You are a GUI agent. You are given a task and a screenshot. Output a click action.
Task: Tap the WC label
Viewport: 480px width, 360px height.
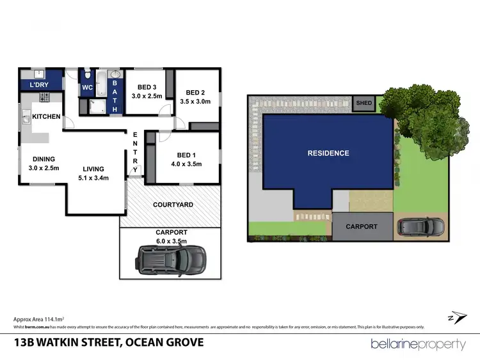pos(88,88)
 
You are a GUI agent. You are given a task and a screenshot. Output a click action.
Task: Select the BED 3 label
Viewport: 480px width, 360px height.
pos(147,87)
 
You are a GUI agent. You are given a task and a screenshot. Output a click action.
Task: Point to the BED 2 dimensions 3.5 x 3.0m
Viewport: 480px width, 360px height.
pos(195,101)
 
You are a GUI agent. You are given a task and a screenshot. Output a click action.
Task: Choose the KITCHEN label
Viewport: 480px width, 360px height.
pos(46,116)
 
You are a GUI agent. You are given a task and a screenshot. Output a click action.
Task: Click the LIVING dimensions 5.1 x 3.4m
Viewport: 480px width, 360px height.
pos(93,178)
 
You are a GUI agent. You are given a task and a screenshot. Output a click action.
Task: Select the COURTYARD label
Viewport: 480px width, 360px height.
pos(173,205)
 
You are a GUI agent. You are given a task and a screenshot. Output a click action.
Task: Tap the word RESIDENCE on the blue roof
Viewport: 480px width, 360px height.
pos(328,153)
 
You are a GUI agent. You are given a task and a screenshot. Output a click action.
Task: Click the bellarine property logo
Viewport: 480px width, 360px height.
pos(418,344)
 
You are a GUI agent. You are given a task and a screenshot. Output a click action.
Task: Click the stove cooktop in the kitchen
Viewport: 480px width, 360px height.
pos(45,97)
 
